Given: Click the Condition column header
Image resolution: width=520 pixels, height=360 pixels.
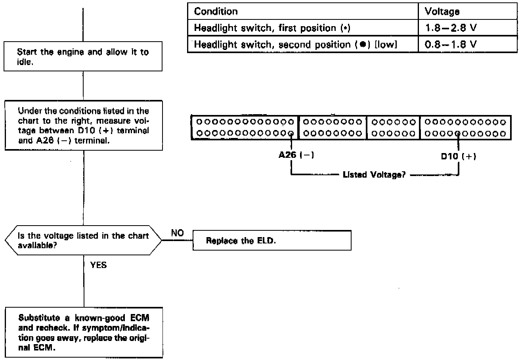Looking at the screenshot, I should (x=216, y=11).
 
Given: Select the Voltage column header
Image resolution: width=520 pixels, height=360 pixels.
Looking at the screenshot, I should (x=442, y=11).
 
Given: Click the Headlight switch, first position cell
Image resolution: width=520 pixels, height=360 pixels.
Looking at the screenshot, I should (x=273, y=28).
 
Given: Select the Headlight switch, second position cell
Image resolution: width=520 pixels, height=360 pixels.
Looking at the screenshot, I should (x=295, y=45).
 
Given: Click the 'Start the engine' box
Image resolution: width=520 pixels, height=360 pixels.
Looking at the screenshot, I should (x=83, y=57).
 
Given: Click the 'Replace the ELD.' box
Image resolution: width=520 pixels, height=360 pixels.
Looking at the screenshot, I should (x=272, y=241).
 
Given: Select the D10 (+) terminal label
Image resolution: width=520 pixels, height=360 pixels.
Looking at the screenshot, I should (x=459, y=156).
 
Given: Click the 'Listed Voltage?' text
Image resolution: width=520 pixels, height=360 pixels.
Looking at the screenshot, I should (x=374, y=174).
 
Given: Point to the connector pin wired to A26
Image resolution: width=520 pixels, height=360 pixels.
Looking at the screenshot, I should (x=292, y=133).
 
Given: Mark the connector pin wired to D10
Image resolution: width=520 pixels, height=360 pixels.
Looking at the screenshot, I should (x=459, y=133).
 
